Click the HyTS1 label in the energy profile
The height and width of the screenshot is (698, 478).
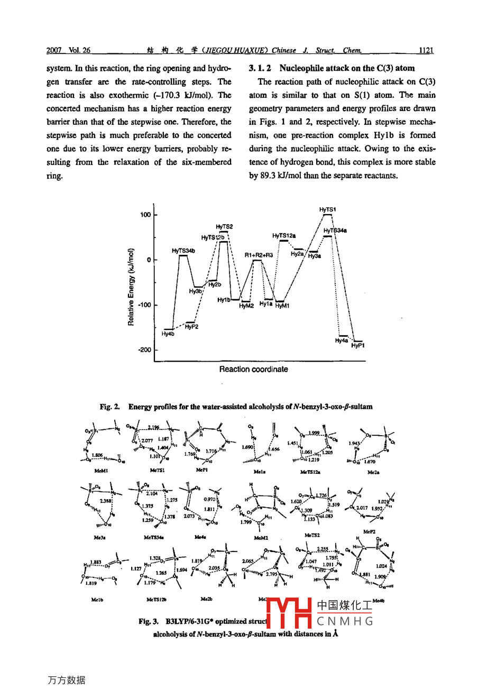point(327,210)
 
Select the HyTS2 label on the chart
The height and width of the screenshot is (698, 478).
point(224,227)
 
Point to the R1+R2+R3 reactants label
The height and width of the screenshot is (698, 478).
point(259,255)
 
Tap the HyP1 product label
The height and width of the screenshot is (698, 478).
point(358,345)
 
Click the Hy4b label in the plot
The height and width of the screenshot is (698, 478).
point(168,334)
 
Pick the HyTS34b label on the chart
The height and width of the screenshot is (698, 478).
point(183,251)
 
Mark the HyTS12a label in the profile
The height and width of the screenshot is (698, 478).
point(284,236)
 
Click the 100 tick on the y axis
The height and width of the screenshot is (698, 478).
point(145,215)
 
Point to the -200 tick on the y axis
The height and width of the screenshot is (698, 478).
point(144,350)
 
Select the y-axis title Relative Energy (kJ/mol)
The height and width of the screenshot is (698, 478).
point(131,287)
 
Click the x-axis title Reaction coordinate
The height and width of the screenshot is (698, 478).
point(253,370)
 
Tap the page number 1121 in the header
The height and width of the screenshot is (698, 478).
point(426,51)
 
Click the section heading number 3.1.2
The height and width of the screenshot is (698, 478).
point(260,68)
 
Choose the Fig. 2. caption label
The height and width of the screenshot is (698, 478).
point(110,407)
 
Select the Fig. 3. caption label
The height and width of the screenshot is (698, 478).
point(149,622)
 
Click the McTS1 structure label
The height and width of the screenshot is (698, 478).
point(157,470)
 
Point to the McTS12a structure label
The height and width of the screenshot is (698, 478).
point(310,472)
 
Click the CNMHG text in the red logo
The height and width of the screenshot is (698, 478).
point(345,621)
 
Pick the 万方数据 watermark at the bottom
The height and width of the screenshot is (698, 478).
point(66,681)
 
